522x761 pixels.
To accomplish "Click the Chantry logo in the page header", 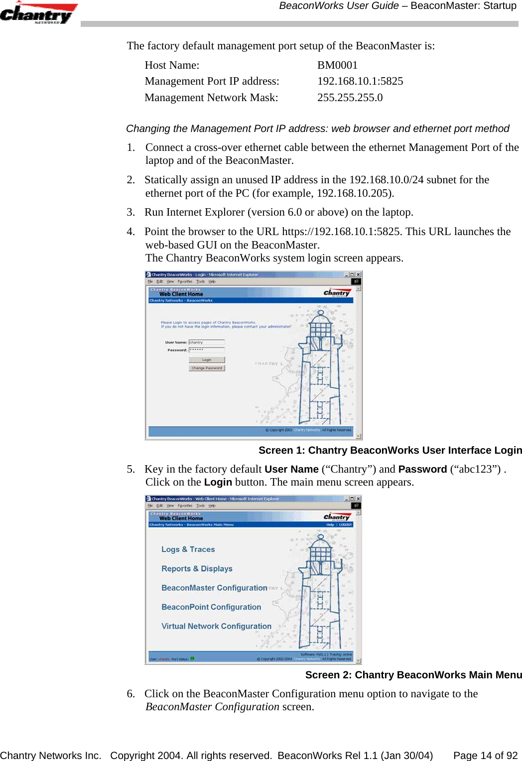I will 38,13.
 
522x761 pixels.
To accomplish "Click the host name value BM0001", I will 337,65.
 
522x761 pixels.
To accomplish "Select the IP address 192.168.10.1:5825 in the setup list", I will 360,81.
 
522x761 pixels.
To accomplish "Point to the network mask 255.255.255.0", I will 350,98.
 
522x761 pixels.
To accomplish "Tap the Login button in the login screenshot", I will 207,360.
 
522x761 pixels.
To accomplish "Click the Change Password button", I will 207,368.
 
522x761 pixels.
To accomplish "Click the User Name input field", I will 207,342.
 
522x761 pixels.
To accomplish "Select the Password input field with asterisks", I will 207,350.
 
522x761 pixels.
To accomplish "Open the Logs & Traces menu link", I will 188,549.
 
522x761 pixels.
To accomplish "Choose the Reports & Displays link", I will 197,569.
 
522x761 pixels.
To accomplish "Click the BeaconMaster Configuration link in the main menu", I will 214,588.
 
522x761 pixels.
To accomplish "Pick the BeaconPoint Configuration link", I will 211,607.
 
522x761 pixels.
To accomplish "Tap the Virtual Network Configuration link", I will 216,626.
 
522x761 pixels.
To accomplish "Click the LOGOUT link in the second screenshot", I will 345,524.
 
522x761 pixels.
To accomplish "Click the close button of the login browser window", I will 358,274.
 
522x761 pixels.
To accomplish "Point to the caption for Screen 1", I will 390,450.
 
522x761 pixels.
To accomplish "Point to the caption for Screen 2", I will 413,675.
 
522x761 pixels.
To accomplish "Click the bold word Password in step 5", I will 422,469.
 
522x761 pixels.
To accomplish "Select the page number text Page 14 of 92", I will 485,756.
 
